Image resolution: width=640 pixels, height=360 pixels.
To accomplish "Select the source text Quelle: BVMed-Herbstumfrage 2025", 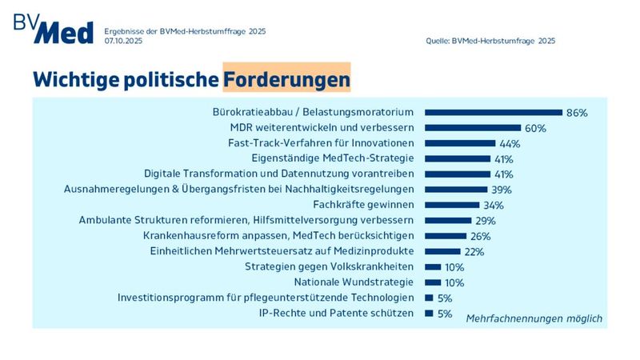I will pyautogui.click(x=490, y=40).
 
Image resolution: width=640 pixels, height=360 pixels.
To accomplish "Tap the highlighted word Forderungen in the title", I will pyautogui.click(x=286, y=79).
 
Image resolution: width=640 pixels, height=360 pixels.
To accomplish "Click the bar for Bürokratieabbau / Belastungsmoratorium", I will pyautogui.click(x=493, y=113).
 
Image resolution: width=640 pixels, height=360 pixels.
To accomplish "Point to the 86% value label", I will pyautogui.click(x=576, y=113).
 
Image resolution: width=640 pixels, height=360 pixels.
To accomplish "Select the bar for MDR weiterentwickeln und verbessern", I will pyautogui.click(x=472, y=128).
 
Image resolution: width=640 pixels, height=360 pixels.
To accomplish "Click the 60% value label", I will pyautogui.click(x=534, y=128).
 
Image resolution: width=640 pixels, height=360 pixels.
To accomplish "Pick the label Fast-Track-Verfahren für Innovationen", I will pyautogui.click(x=321, y=143).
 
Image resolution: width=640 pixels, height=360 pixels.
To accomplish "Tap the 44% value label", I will pyautogui.click(x=509, y=143).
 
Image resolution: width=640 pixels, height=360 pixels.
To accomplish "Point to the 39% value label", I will pyautogui.click(x=501, y=190).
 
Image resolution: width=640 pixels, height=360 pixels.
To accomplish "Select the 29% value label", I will pyautogui.click(x=485, y=220).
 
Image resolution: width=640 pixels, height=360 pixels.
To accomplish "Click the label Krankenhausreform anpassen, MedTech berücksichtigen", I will pyautogui.click(x=278, y=235).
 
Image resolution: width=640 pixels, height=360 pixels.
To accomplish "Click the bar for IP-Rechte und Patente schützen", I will pyautogui.click(x=428, y=313).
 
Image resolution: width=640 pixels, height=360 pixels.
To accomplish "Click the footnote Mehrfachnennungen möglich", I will pyautogui.click(x=534, y=318).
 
